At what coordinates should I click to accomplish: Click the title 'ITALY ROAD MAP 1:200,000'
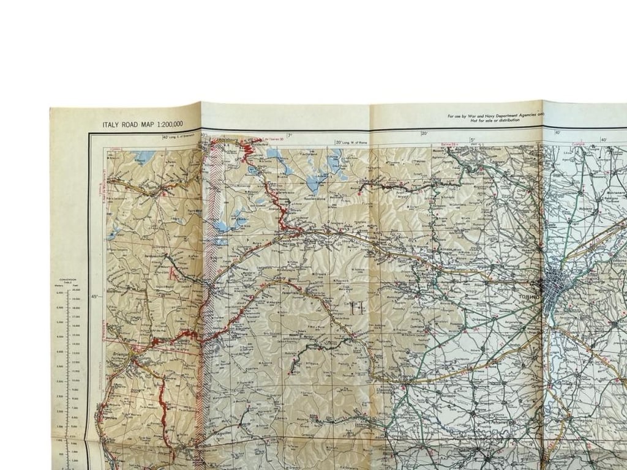[143, 124]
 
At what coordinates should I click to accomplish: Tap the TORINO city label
[528, 296]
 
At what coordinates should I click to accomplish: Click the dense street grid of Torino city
[558, 285]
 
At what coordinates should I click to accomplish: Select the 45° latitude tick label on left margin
[94, 297]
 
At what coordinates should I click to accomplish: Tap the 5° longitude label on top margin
[472, 140]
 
